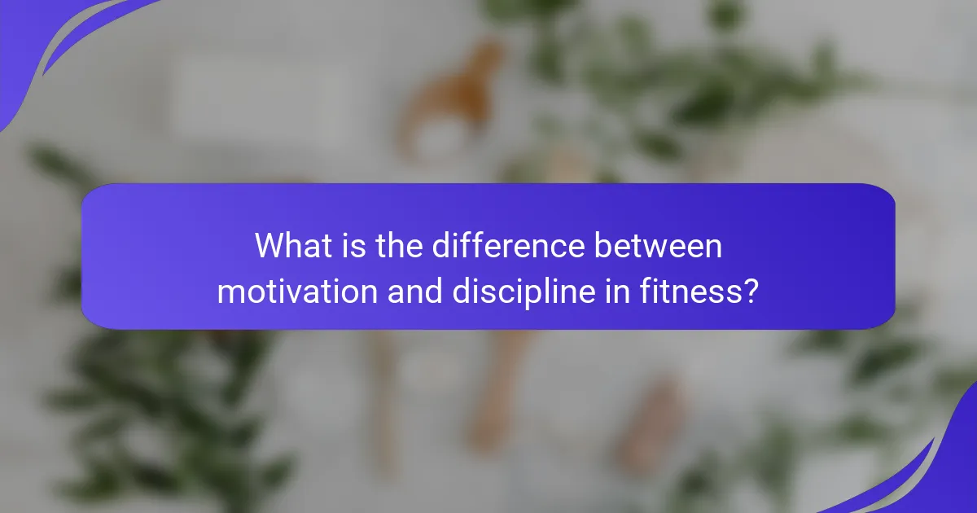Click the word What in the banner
[x=293, y=245]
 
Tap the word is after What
[x=353, y=245]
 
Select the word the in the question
[x=399, y=245]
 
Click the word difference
[x=508, y=245]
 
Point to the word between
[x=658, y=245]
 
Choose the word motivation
[x=297, y=291]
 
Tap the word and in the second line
[x=414, y=291]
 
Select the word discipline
[x=524, y=293]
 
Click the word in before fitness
[x=617, y=291]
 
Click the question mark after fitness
[x=750, y=291]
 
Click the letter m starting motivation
[x=232, y=294]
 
